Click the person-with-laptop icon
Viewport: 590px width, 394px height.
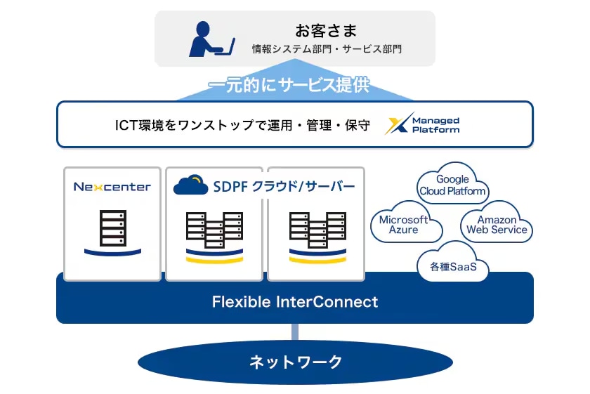tap(212, 39)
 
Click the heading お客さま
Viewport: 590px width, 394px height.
tap(326, 30)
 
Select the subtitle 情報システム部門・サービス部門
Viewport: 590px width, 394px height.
tap(327, 49)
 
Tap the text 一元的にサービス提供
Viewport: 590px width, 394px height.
tap(289, 86)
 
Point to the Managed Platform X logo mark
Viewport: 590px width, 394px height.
tap(398, 123)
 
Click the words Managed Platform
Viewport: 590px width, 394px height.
tap(435, 125)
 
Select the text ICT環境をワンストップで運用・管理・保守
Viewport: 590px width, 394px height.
tap(242, 125)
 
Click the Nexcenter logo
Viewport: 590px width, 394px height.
tap(112, 187)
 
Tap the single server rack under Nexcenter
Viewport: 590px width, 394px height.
tap(113, 228)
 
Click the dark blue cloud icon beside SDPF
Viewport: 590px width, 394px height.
tap(191, 185)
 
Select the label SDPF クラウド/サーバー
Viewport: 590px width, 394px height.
tap(284, 186)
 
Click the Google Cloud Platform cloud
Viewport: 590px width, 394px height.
tap(452, 184)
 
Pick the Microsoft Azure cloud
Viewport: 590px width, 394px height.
tap(405, 223)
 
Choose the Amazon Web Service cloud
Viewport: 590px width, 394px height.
tap(497, 223)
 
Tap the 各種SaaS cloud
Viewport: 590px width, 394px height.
tap(453, 263)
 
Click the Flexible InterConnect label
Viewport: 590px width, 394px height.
tap(295, 302)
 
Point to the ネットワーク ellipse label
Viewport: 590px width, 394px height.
tap(296, 362)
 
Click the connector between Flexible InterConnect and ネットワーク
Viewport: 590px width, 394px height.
tap(295, 333)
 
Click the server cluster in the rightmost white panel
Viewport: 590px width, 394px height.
tap(317, 230)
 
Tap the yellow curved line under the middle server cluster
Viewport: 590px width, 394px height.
tap(214, 260)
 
